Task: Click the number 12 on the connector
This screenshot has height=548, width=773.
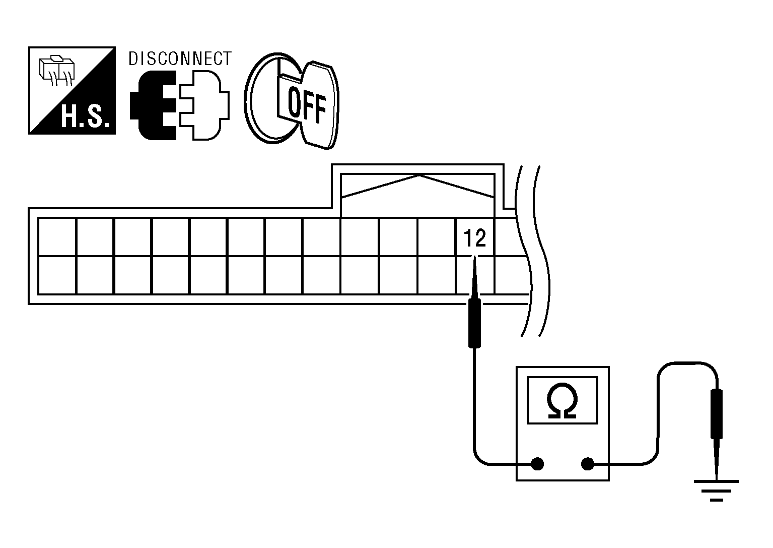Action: click(x=475, y=238)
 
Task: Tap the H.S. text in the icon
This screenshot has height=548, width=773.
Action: click(x=85, y=117)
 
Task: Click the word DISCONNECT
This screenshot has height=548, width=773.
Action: click(x=180, y=59)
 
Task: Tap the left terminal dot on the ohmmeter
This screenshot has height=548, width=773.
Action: click(x=538, y=463)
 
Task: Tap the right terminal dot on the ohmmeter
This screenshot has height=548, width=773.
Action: click(x=587, y=463)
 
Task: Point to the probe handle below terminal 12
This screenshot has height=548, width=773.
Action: click(x=474, y=323)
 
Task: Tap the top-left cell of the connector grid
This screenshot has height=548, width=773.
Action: click(x=57, y=236)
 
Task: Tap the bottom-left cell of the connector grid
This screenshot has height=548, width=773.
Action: click(x=57, y=275)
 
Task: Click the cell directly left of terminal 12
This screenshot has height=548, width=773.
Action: click(x=437, y=236)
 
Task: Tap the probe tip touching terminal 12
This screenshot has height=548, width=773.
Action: click(x=474, y=262)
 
